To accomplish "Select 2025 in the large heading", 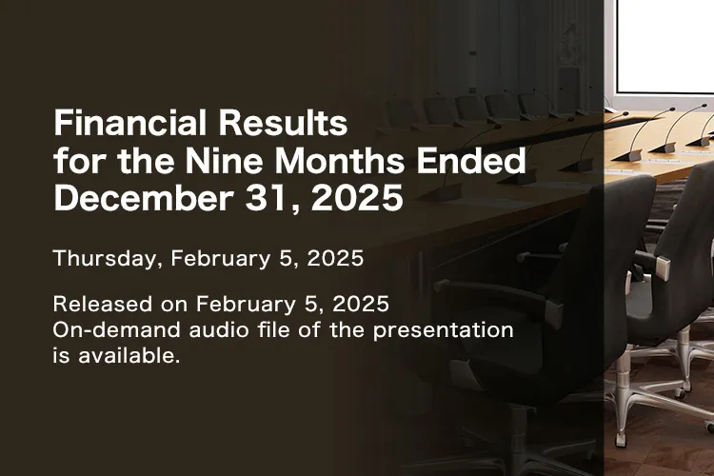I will tap(357, 199).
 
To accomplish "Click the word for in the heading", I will tap(75, 162).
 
